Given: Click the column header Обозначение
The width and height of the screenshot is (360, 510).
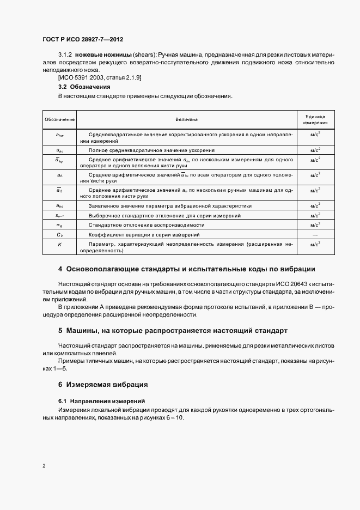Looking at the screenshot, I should click(60, 119).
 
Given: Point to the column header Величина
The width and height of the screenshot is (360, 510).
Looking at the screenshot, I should click(186, 119).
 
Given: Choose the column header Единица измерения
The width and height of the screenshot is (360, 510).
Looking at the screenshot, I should click(315, 119).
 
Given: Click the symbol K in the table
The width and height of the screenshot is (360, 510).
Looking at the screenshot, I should click(60, 245).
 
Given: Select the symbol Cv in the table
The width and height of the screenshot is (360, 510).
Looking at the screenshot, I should click(60, 234).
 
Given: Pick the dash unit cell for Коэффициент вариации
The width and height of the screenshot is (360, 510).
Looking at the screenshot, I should click(315, 234).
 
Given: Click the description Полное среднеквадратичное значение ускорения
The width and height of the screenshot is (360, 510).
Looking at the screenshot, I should click(151, 150).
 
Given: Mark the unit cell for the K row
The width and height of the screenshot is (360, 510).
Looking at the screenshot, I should click(315, 245).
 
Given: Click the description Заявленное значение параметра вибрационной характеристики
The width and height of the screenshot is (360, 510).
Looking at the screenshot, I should click(170, 206).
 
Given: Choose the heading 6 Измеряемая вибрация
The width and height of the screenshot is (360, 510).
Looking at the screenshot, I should click(103, 385).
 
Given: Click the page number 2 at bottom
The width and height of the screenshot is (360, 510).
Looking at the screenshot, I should click(44, 466).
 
